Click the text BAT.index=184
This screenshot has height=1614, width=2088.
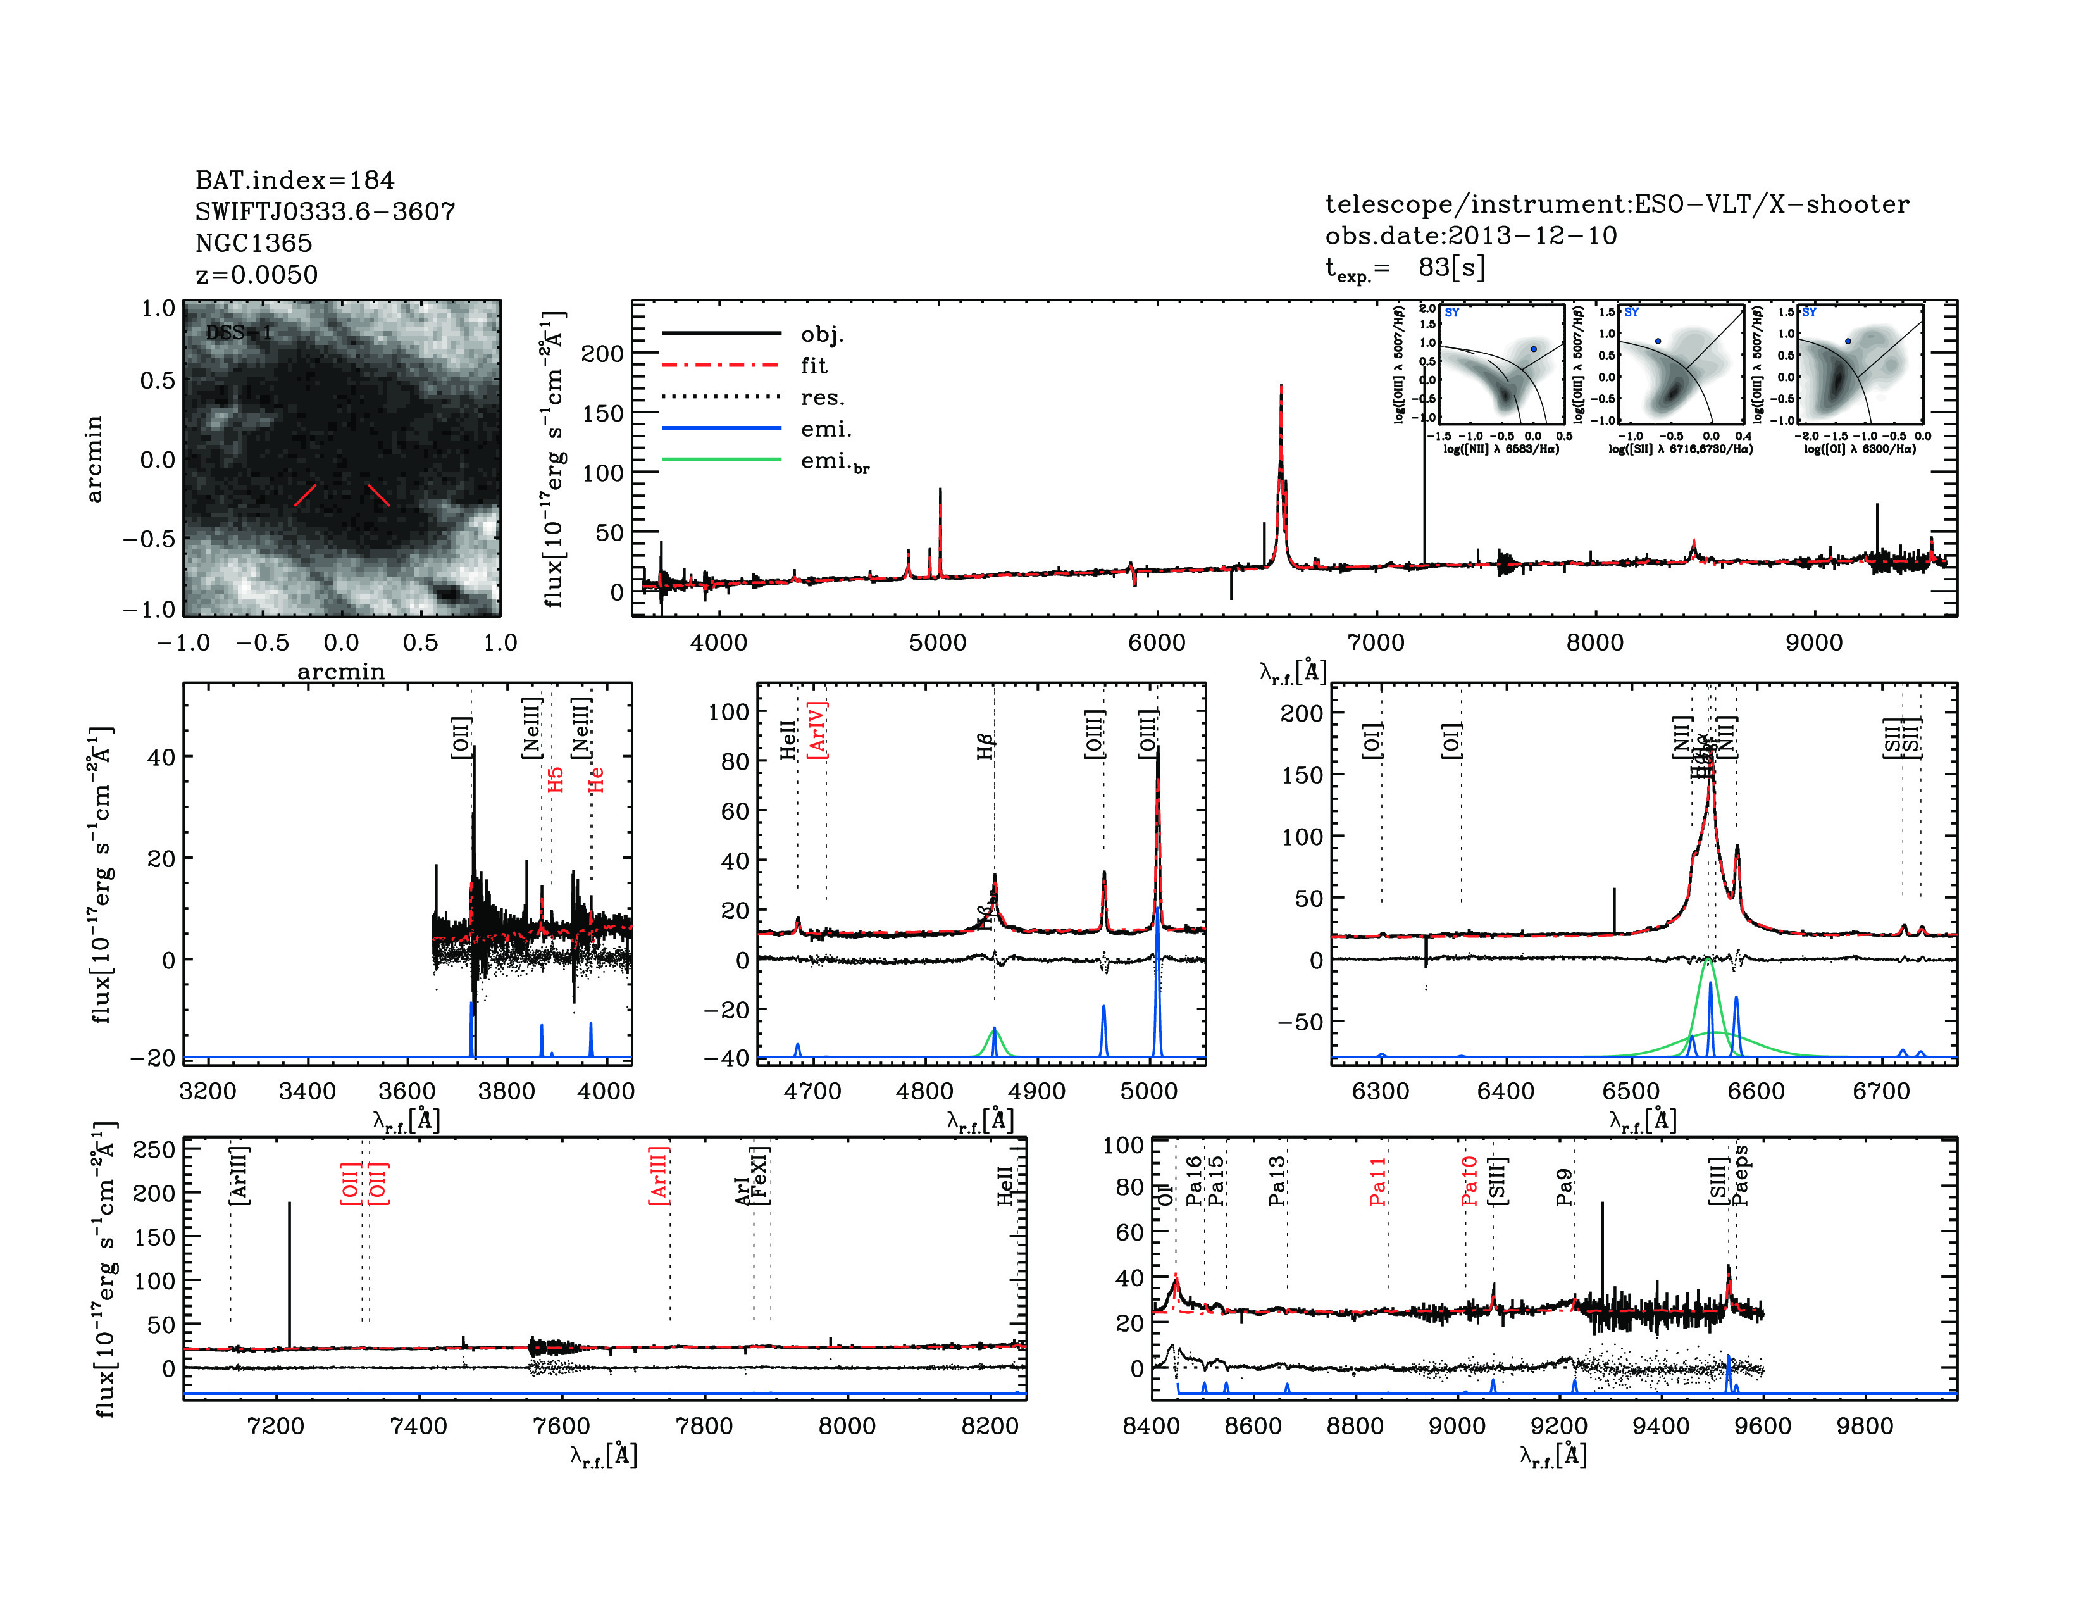(x=294, y=180)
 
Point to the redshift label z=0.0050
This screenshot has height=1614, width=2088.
(x=256, y=275)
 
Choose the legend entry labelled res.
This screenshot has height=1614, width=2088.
(x=822, y=397)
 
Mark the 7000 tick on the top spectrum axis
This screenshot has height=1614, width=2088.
(x=1375, y=642)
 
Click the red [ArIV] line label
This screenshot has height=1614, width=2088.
(x=817, y=730)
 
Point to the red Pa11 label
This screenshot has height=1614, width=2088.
(x=1377, y=1181)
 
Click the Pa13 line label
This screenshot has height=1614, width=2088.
(x=1277, y=1181)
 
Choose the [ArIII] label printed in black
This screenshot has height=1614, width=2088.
(x=239, y=1175)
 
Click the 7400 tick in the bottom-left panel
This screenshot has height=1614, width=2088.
(x=419, y=1425)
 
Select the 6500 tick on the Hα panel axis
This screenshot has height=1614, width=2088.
(x=1631, y=1091)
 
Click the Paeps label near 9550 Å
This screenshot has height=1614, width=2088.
(x=1741, y=1175)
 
